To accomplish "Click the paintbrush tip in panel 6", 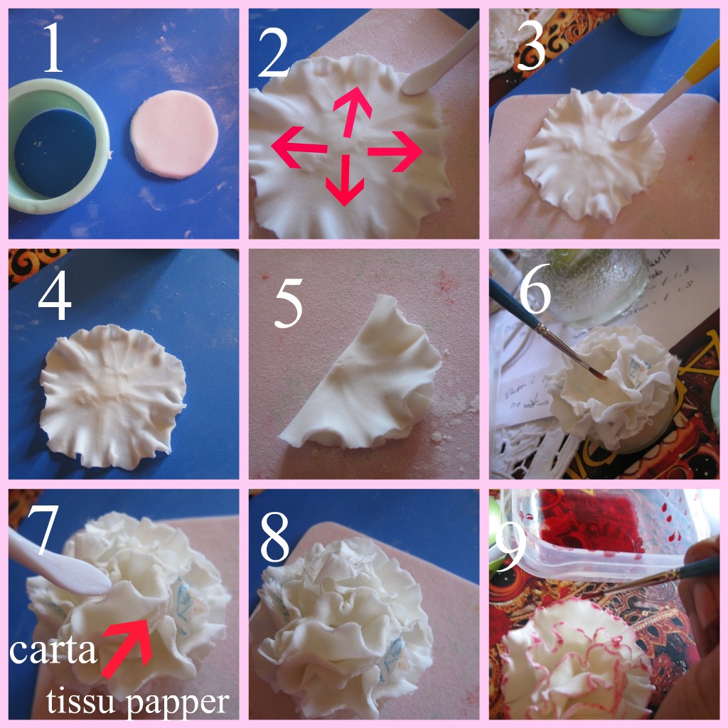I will point(599,375).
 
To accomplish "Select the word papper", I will point(185,702).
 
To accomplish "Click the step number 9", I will point(509,547).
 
